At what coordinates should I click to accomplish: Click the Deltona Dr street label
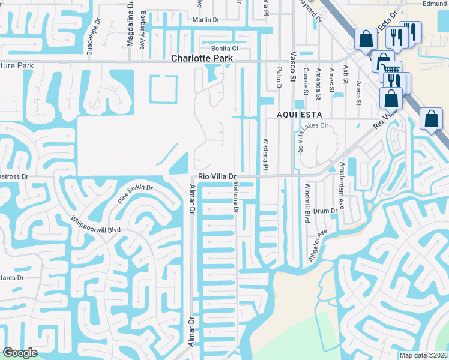click(236, 199)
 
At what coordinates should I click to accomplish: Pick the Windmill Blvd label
click(307, 203)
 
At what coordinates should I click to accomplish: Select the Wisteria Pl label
click(265, 153)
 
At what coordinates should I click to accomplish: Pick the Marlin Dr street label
click(206, 20)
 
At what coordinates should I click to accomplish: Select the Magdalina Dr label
click(130, 24)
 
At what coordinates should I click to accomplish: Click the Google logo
click(20, 353)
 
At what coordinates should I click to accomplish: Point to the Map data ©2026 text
click(423, 355)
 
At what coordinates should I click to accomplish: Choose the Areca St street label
click(358, 92)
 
